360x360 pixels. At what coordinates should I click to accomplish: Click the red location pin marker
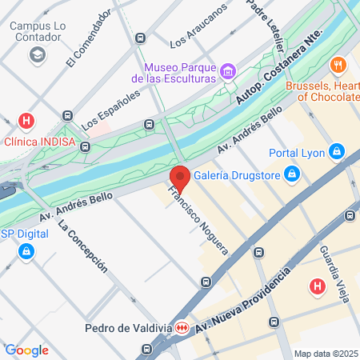(x=179, y=178)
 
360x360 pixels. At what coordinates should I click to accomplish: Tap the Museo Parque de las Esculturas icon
(x=229, y=72)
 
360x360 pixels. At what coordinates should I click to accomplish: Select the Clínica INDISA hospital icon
(x=27, y=122)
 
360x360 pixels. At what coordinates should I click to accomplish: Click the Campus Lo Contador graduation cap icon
(x=36, y=54)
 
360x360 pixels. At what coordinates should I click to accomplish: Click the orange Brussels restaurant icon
(x=339, y=66)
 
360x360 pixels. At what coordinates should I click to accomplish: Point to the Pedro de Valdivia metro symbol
(x=182, y=329)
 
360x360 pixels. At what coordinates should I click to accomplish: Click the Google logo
(x=26, y=350)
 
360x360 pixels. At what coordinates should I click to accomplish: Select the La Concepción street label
(x=83, y=247)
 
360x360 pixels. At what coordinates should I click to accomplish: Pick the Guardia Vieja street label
(x=335, y=271)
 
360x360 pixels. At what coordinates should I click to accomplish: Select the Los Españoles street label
(x=111, y=110)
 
